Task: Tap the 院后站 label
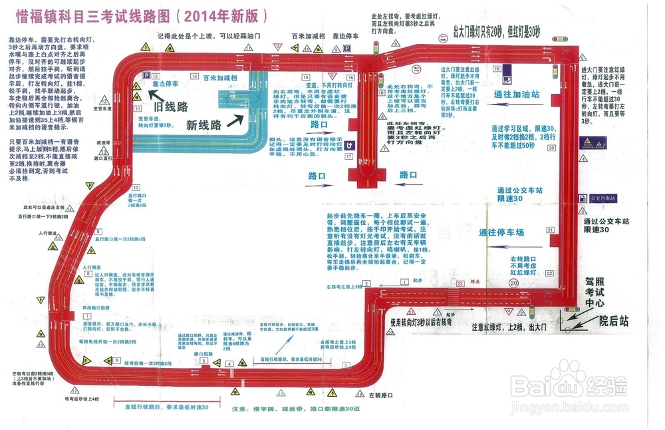tap(614, 322)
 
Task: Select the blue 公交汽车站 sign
tap(603, 198)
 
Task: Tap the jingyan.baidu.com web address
tap(569, 410)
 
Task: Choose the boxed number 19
tap(497, 69)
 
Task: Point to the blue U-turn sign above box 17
tap(348, 143)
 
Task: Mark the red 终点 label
tap(475, 281)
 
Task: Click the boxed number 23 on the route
tap(460, 284)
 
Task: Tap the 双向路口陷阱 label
tap(96, 308)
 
